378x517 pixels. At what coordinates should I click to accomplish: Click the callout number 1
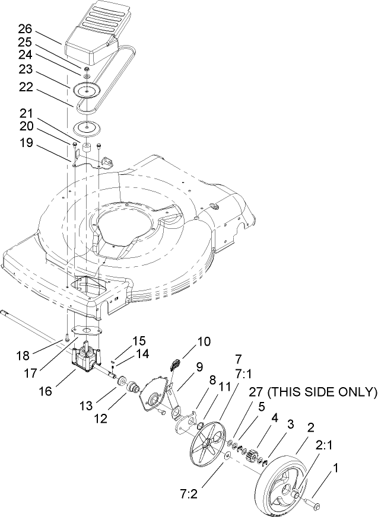click(x=337, y=468)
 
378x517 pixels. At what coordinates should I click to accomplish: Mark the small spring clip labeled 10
click(x=176, y=364)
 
